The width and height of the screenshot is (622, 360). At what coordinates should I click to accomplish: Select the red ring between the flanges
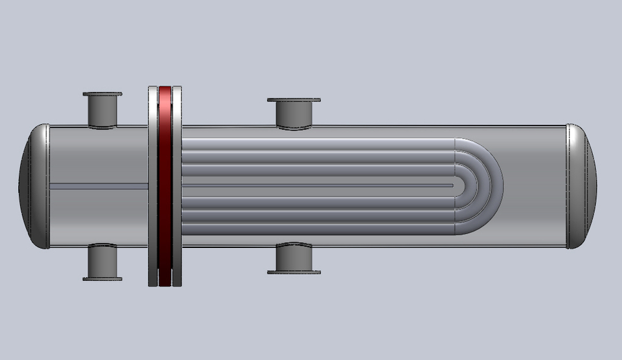coord(165,186)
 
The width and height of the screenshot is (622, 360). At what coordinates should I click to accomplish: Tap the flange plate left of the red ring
coord(153,186)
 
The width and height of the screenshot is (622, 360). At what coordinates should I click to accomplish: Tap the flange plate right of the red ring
coord(177,186)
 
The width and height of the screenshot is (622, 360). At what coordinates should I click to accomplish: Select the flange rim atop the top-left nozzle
coord(102,95)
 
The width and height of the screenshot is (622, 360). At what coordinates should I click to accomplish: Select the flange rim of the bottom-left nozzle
coord(102,279)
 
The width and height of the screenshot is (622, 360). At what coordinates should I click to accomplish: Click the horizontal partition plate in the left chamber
coord(97,186)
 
